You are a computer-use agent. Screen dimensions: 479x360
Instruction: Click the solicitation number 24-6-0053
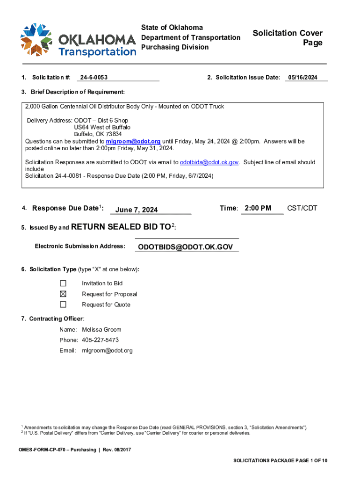tap(93, 77)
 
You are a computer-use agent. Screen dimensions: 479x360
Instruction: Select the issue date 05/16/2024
tap(302, 77)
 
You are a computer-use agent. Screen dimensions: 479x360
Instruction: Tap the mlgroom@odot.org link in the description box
tap(133, 141)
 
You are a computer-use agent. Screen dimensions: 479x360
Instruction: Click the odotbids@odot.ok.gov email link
tap(209, 162)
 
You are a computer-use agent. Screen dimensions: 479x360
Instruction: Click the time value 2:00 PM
tap(258, 208)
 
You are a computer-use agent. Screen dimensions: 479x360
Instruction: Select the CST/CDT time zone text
tap(302, 208)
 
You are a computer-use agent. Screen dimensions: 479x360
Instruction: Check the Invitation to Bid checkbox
tap(63, 283)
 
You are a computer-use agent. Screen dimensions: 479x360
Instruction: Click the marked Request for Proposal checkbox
tap(63, 294)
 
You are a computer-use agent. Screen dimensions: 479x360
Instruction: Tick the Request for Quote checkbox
tap(63, 305)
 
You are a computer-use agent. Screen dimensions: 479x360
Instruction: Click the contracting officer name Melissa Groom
tap(101, 330)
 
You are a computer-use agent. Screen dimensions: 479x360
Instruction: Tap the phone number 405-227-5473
tap(100, 340)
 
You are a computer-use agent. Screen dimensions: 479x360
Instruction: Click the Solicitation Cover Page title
tap(288, 38)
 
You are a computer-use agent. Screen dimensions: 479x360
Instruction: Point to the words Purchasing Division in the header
tap(175, 47)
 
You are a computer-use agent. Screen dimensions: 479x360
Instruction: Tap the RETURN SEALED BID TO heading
tap(121, 227)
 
